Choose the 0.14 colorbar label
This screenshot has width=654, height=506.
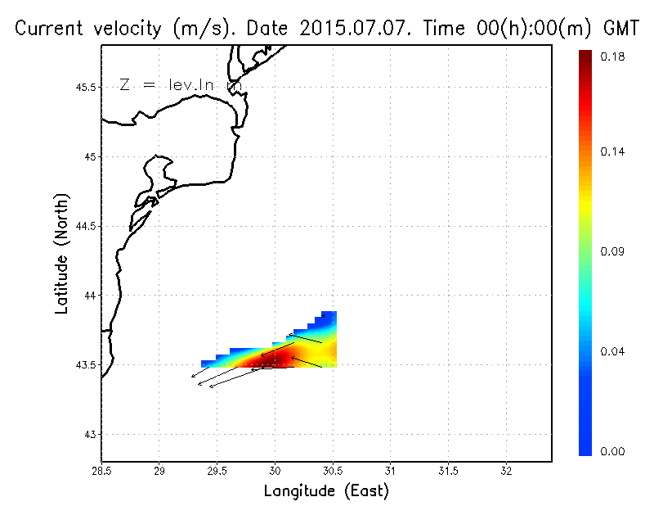coord(612,151)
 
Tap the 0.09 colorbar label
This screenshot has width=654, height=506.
coord(612,252)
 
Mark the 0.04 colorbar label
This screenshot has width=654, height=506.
coord(612,352)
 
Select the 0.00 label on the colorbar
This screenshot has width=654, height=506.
coord(612,451)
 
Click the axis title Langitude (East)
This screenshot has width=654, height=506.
coord(326,491)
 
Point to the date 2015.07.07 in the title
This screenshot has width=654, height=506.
coord(361,29)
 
